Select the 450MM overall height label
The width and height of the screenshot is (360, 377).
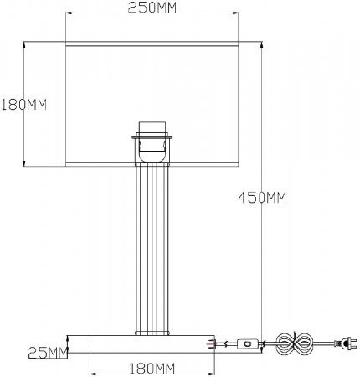point(262,198)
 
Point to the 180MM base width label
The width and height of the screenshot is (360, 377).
point(153,368)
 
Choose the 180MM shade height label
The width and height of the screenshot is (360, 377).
point(23,105)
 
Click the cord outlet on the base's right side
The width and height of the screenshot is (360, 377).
point(210,343)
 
